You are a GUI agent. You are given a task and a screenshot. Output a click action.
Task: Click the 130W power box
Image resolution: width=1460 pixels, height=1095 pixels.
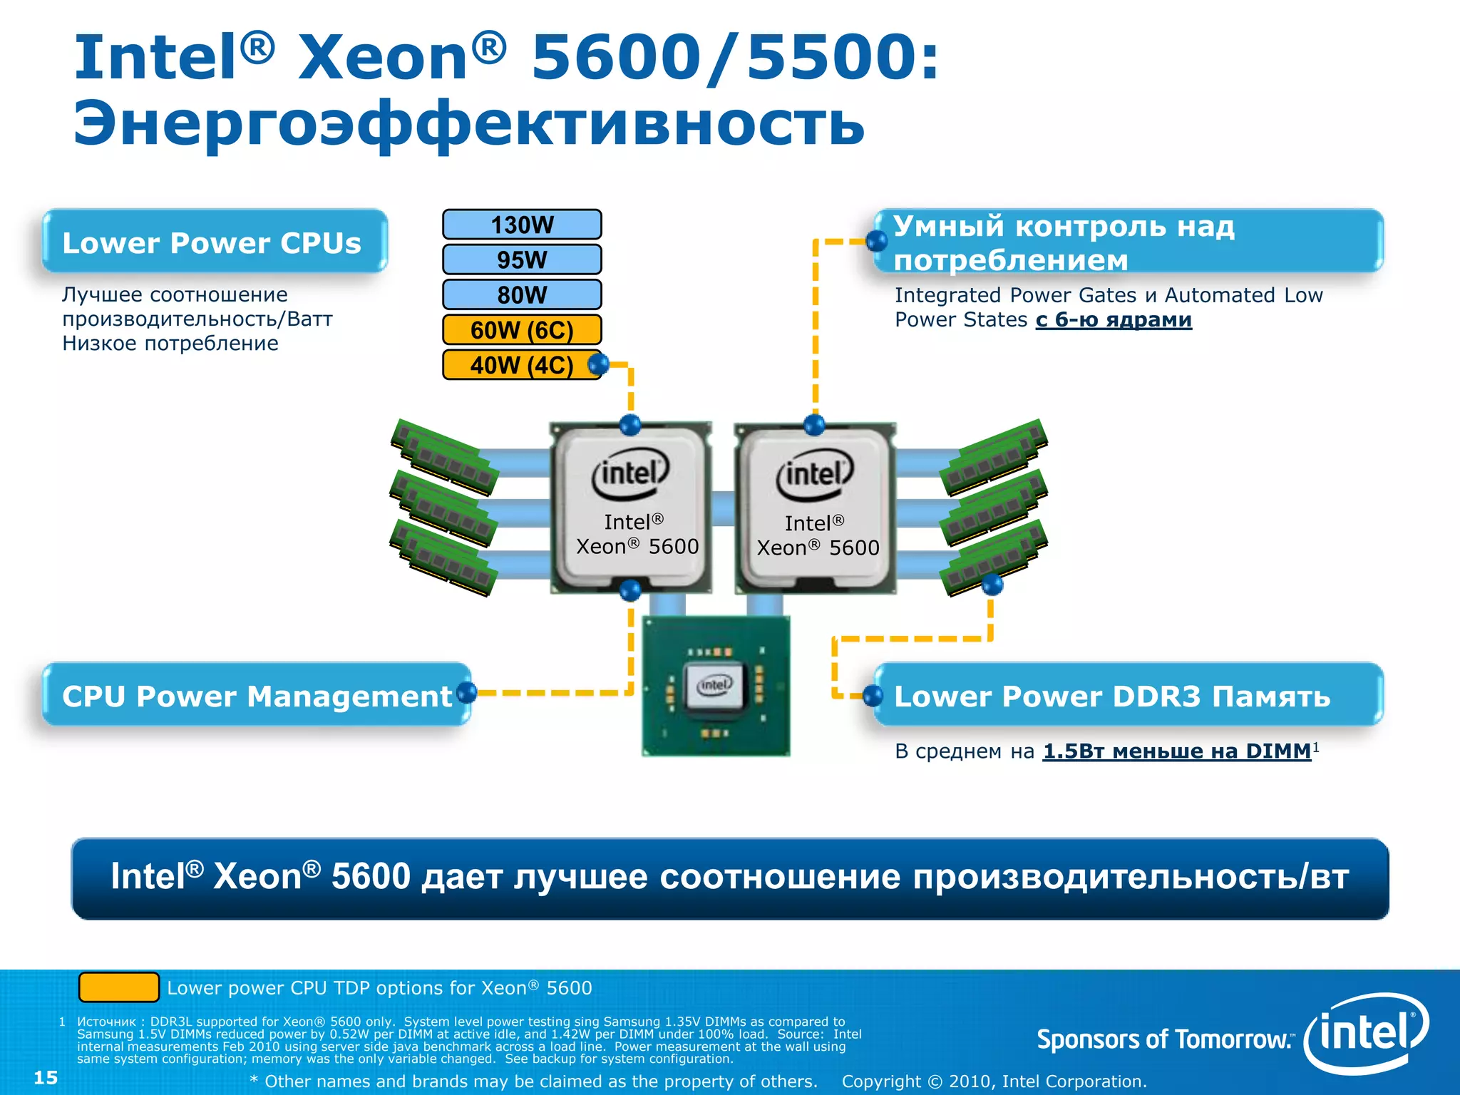tap(522, 225)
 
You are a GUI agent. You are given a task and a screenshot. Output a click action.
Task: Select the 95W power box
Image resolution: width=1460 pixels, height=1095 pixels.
tap(522, 259)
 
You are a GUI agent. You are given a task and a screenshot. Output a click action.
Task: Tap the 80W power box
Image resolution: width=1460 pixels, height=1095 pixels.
tap(522, 294)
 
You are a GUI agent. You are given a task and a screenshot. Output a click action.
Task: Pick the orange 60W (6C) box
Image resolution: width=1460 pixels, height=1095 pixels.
tap(522, 329)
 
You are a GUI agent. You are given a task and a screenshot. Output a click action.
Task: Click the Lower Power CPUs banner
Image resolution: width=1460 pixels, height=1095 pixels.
tap(214, 242)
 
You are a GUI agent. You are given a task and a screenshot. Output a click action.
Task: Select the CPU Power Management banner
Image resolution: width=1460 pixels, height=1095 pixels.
tap(255, 695)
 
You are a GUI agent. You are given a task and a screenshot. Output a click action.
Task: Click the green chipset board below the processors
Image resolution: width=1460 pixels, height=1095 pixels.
tap(716, 686)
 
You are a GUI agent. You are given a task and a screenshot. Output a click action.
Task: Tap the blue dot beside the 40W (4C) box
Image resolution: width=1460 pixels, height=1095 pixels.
tap(599, 365)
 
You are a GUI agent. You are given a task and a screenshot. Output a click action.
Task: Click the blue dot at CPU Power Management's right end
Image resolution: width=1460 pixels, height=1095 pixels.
tap(466, 692)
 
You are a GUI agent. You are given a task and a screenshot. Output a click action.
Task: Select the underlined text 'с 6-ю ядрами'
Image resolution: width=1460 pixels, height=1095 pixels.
tap(1114, 320)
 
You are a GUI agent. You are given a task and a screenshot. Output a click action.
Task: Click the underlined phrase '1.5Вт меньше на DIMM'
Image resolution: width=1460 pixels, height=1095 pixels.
tap(1177, 751)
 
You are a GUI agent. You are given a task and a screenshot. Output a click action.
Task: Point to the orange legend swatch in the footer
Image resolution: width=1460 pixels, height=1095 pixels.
tap(118, 987)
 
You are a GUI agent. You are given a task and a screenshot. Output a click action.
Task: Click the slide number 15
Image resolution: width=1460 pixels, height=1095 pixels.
tap(46, 1077)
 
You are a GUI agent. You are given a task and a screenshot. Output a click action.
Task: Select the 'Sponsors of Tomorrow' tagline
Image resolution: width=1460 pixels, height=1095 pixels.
tap(1165, 1039)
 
